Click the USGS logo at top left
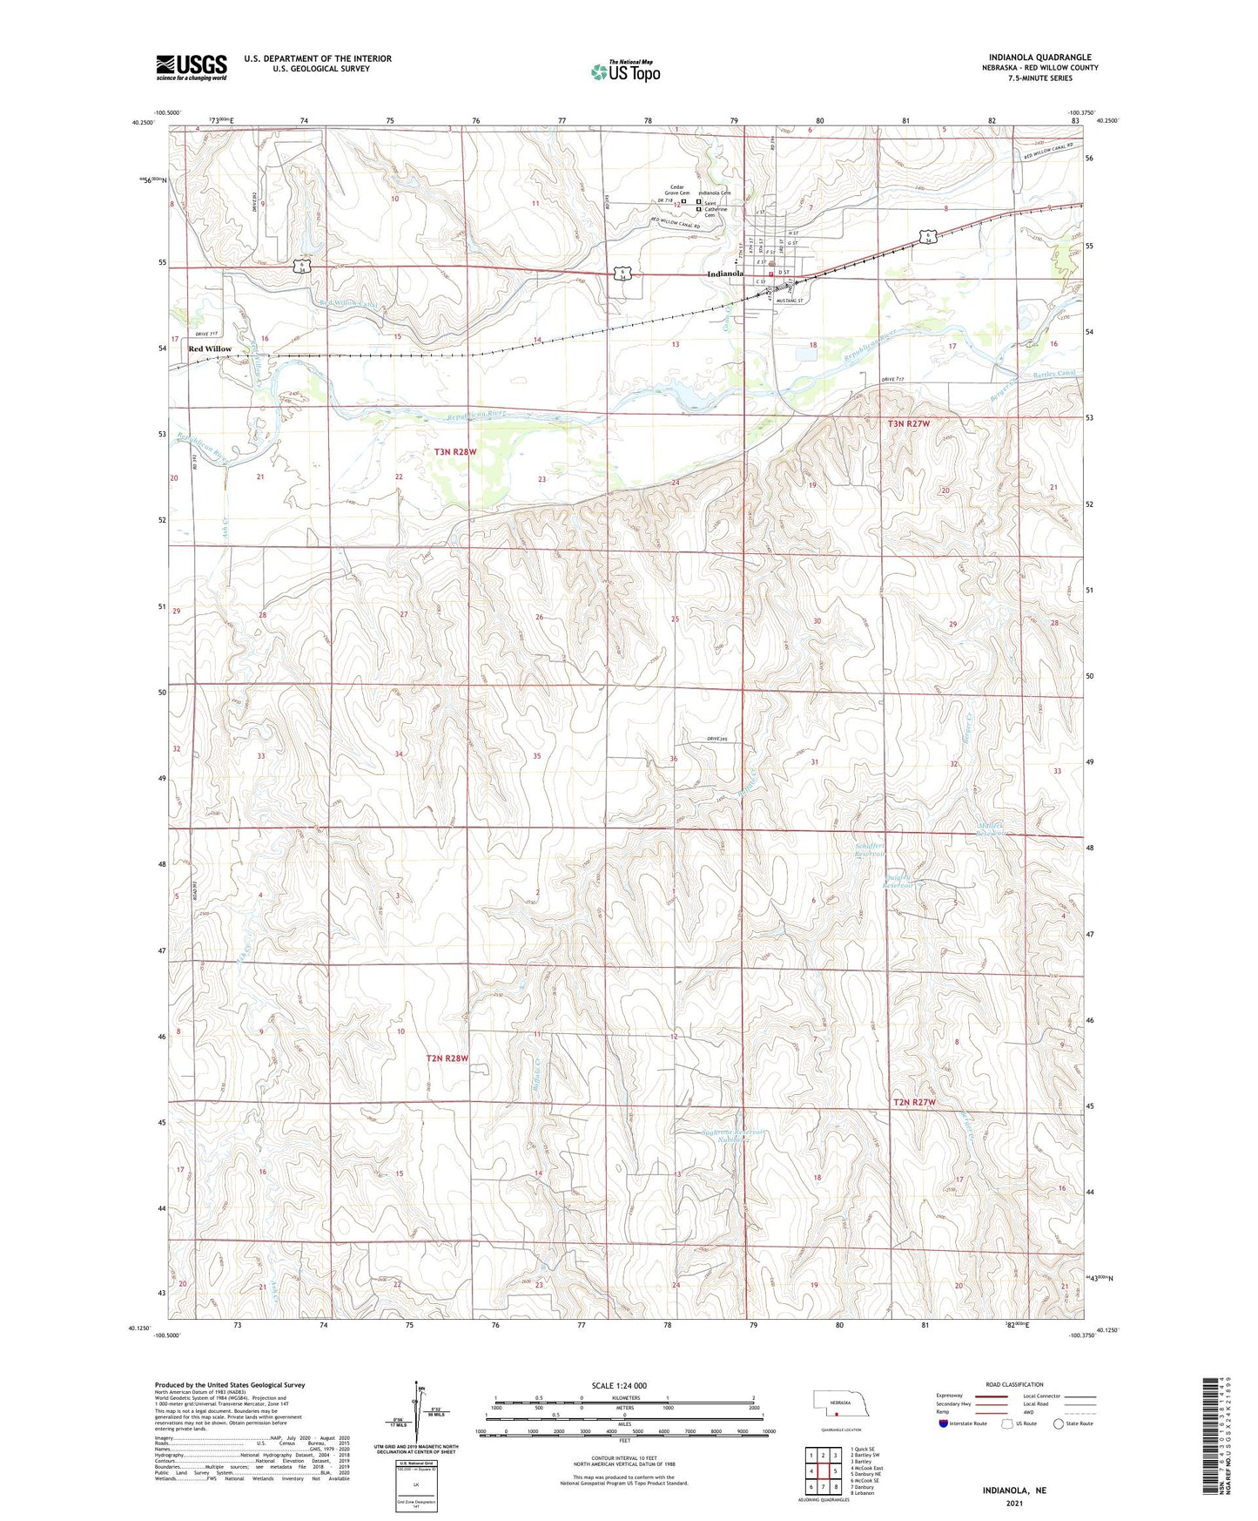click(x=192, y=66)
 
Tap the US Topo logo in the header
click(x=625, y=71)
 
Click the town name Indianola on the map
click(x=725, y=274)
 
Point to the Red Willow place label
click(x=210, y=348)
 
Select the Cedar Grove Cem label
click(x=678, y=191)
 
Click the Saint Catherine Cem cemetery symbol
click(x=698, y=209)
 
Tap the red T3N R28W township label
click(x=456, y=452)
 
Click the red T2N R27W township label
click(x=914, y=1102)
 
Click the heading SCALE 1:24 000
click(x=619, y=1386)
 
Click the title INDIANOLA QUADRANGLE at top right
click(x=1039, y=57)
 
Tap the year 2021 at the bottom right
click(x=1014, y=1504)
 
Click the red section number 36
click(x=673, y=760)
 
